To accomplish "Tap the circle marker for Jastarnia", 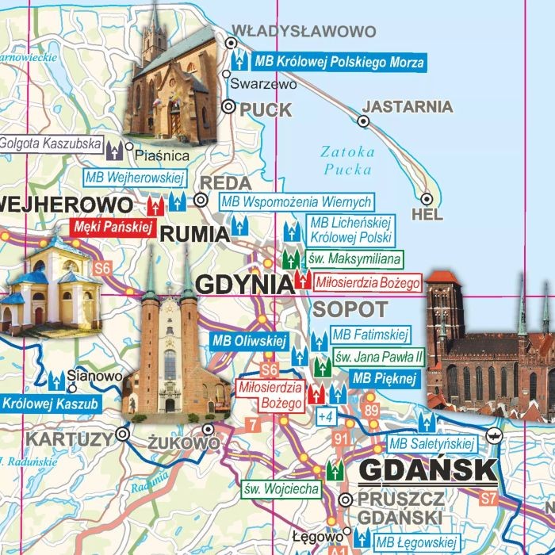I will (363, 121).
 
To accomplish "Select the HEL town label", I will (428, 215).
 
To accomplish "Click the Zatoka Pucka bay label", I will (347, 160).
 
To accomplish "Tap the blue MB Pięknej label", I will (384, 378).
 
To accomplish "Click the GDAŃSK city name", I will (427, 471).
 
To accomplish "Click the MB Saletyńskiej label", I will (431, 443).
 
